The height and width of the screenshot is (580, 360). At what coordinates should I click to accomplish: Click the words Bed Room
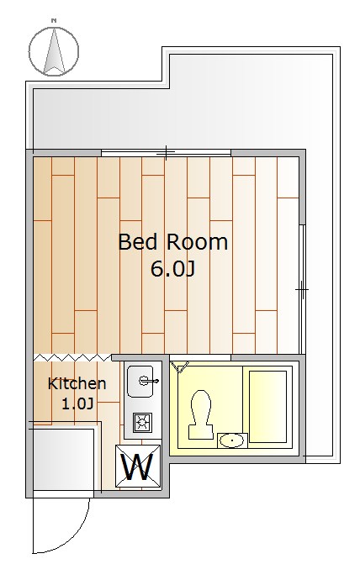pyautogui.click(x=172, y=243)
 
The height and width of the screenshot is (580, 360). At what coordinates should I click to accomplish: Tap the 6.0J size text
pyautogui.click(x=172, y=269)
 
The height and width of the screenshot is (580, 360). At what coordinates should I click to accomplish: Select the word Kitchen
pyautogui.click(x=77, y=384)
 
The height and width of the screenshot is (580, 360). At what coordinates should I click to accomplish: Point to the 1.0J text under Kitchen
pyautogui.click(x=78, y=403)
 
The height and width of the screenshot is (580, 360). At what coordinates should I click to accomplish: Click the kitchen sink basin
pyautogui.click(x=140, y=382)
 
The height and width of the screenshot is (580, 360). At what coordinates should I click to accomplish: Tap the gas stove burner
pyautogui.click(x=140, y=422)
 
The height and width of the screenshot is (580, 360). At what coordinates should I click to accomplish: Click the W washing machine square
pyautogui.click(x=138, y=466)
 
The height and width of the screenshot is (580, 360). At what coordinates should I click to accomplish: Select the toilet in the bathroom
pyautogui.click(x=200, y=413)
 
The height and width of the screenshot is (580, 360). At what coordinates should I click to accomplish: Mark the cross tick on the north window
pyautogui.click(x=166, y=153)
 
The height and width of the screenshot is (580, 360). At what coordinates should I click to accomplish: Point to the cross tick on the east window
pyautogui.click(x=301, y=290)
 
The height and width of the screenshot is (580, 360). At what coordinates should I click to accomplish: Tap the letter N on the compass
pyautogui.click(x=53, y=20)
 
